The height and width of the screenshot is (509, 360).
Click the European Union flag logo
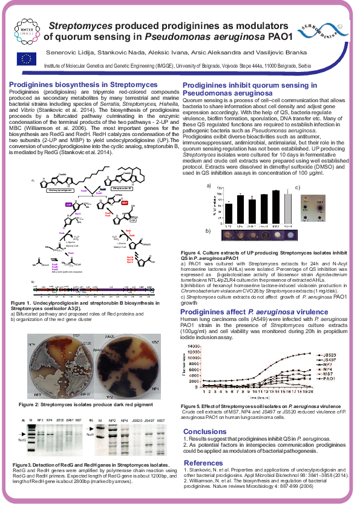click(27, 58)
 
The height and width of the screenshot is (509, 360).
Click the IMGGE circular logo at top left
click(25, 31)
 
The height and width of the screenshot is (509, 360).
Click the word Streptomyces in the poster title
click(80, 27)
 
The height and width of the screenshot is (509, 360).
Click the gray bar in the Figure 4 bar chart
click(287, 209)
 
